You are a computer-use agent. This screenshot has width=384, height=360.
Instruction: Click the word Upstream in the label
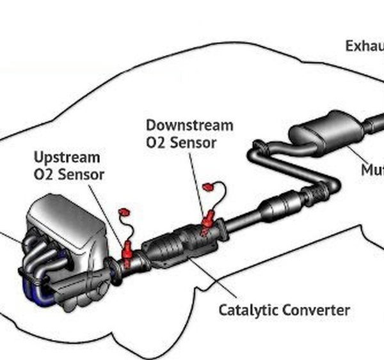click(x=67, y=157)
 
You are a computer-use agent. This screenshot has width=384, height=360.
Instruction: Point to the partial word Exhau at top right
click(x=364, y=46)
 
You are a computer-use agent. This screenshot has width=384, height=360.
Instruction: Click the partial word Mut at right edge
click(x=372, y=170)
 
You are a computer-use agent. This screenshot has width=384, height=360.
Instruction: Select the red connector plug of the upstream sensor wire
click(x=124, y=213)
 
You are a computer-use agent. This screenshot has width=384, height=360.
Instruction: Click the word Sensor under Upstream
click(x=81, y=174)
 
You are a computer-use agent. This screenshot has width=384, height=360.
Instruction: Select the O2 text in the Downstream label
click(x=157, y=143)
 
